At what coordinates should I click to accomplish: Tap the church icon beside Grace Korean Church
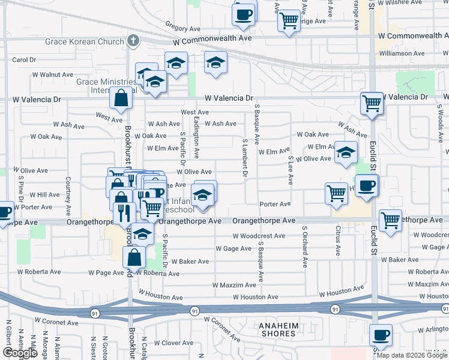tap(133, 41)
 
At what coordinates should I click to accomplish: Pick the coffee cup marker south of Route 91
tap(380, 336)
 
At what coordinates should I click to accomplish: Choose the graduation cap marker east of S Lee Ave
tap(346, 153)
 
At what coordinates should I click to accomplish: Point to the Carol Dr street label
tap(24, 60)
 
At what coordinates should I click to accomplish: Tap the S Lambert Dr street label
tap(245, 159)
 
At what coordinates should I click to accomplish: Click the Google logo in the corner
tap(20, 353)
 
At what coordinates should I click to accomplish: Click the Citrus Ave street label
tap(339, 239)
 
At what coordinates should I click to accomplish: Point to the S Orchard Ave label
tap(305, 247)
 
